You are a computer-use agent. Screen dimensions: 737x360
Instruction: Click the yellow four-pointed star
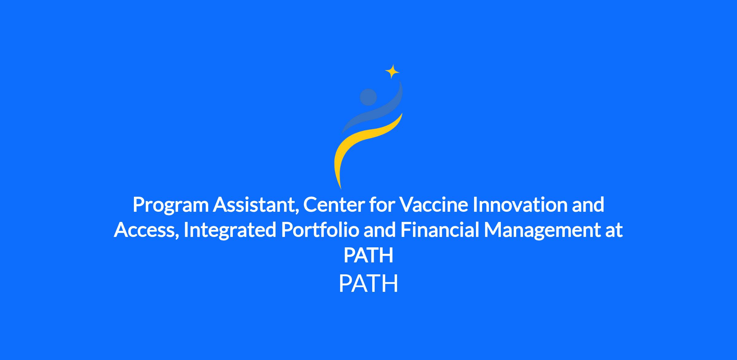point(392,72)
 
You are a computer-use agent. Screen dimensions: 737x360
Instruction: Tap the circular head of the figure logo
point(368,97)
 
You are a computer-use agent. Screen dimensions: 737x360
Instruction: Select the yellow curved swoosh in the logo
point(362,144)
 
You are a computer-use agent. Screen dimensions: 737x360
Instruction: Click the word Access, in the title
point(146,230)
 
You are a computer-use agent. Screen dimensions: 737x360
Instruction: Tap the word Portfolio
point(320,230)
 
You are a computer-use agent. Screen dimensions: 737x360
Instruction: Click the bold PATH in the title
point(368,255)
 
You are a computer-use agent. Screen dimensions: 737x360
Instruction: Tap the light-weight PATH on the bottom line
point(368,284)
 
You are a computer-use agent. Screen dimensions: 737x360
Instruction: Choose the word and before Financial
point(380,230)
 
